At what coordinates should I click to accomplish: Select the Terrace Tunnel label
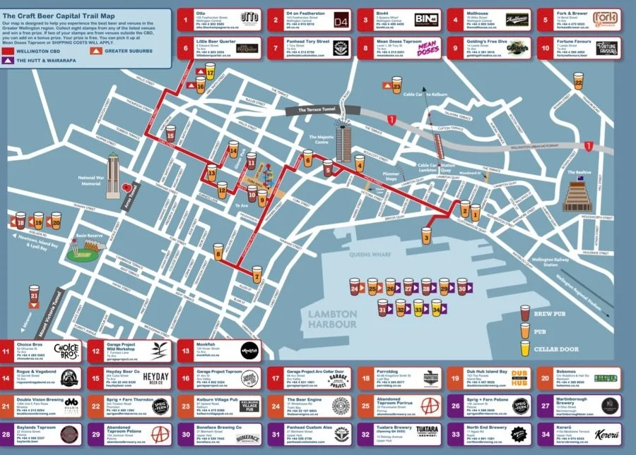tap(320, 111)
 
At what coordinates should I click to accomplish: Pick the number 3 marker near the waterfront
tap(426, 236)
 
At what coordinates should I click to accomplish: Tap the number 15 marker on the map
tap(170, 133)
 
